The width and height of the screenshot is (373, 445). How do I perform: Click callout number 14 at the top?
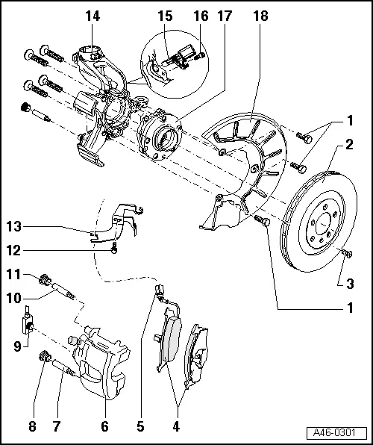pyautogui.click(x=92, y=15)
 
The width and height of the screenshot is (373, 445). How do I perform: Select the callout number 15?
pyautogui.click(x=164, y=15)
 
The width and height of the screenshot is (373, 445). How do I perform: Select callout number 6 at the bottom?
pyautogui.click(x=104, y=427)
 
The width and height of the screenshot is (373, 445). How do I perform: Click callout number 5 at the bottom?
pyautogui.click(x=140, y=427)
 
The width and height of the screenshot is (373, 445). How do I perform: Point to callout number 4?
pyautogui.click(x=176, y=427)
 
